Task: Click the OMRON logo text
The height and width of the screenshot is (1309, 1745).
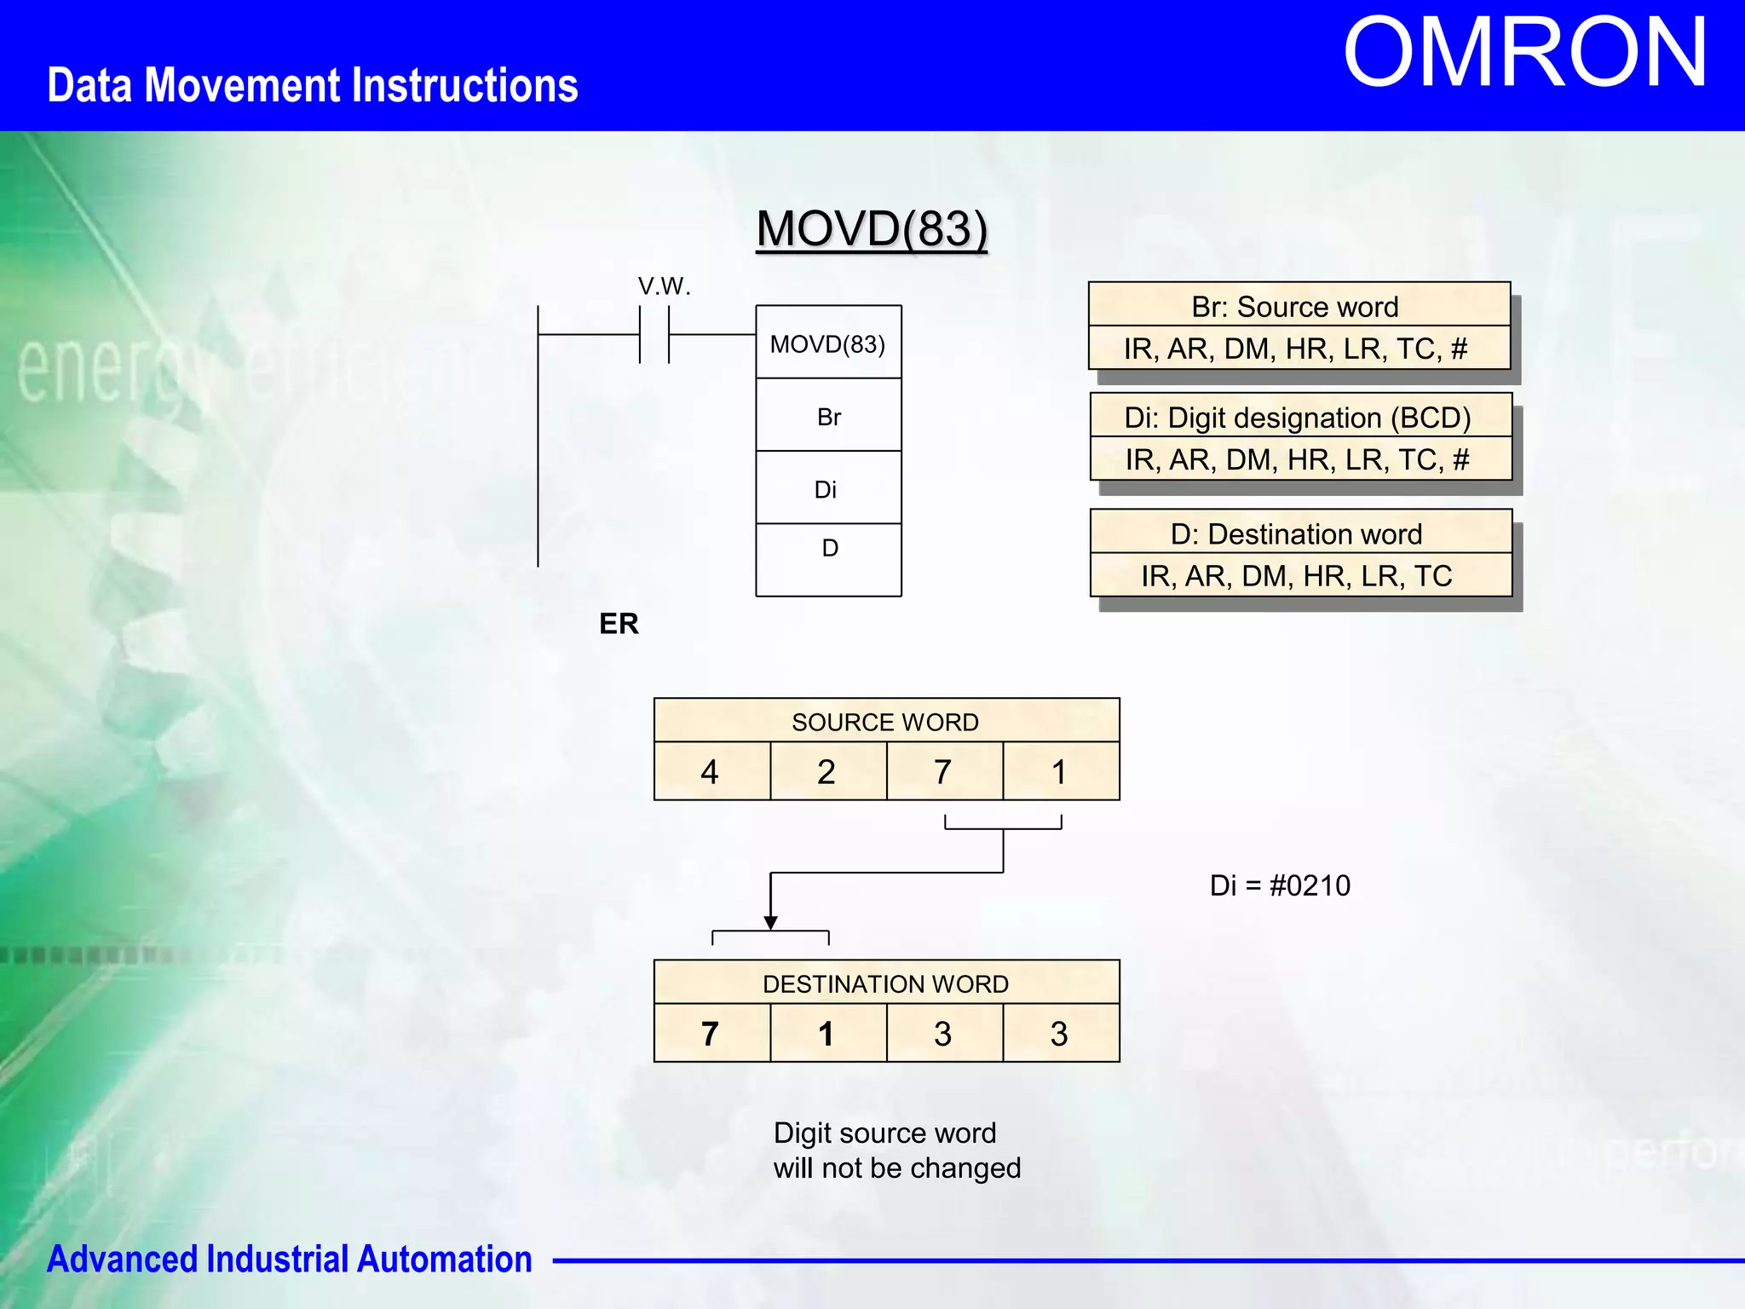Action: (1524, 53)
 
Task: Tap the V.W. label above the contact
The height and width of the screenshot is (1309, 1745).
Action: (664, 286)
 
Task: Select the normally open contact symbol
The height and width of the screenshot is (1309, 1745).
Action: (654, 335)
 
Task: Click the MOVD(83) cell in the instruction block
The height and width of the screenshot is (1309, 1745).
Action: (828, 343)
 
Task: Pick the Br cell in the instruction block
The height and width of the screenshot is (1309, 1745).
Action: (828, 417)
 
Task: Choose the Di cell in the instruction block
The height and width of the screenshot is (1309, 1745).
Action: (826, 489)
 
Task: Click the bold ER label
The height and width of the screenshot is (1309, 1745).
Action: (619, 624)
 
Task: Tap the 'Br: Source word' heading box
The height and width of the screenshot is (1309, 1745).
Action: (1295, 306)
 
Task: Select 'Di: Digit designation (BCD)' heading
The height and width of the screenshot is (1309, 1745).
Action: (1298, 417)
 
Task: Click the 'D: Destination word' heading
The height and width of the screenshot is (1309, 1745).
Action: (1297, 533)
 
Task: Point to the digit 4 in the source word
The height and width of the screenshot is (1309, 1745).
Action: (710, 772)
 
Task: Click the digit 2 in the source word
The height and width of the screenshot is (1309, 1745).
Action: (826, 772)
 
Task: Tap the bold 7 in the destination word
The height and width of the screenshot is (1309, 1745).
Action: (710, 1034)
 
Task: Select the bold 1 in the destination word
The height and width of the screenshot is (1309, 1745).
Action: (826, 1034)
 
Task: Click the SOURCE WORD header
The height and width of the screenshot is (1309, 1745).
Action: (885, 722)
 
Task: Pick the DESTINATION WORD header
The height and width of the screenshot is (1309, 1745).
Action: (885, 983)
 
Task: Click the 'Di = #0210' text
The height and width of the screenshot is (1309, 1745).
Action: (1280, 885)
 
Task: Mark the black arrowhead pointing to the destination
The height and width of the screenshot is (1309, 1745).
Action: (770, 923)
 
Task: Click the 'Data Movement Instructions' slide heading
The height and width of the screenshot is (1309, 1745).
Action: (312, 85)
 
